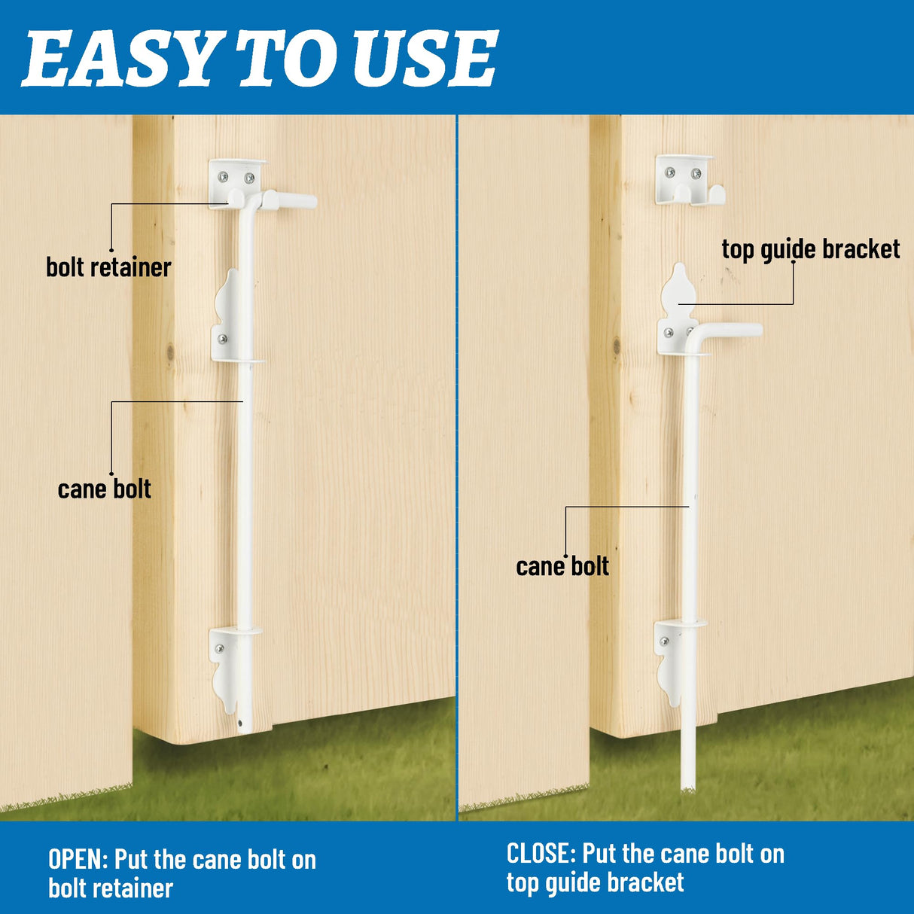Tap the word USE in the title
[x=425, y=58]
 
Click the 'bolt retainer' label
[x=108, y=267]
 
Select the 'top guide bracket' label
[x=810, y=249]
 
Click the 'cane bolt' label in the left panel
[x=104, y=489]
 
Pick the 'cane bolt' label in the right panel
[x=562, y=566]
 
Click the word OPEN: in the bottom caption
[x=78, y=859]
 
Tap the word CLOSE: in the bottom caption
[x=541, y=854]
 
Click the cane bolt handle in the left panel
[x=290, y=200]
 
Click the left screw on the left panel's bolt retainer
[x=223, y=178]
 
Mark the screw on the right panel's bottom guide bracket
[x=664, y=641]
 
